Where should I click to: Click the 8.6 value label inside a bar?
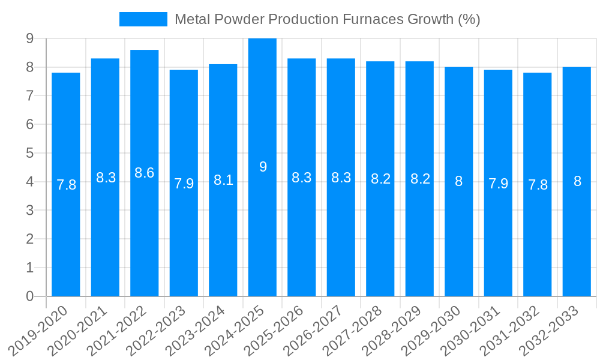click(x=145, y=173)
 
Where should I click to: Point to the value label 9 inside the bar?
click(x=263, y=167)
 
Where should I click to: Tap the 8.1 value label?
click(x=223, y=180)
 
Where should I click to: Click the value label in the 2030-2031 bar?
click(x=498, y=184)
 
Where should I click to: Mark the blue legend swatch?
click(x=143, y=19)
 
